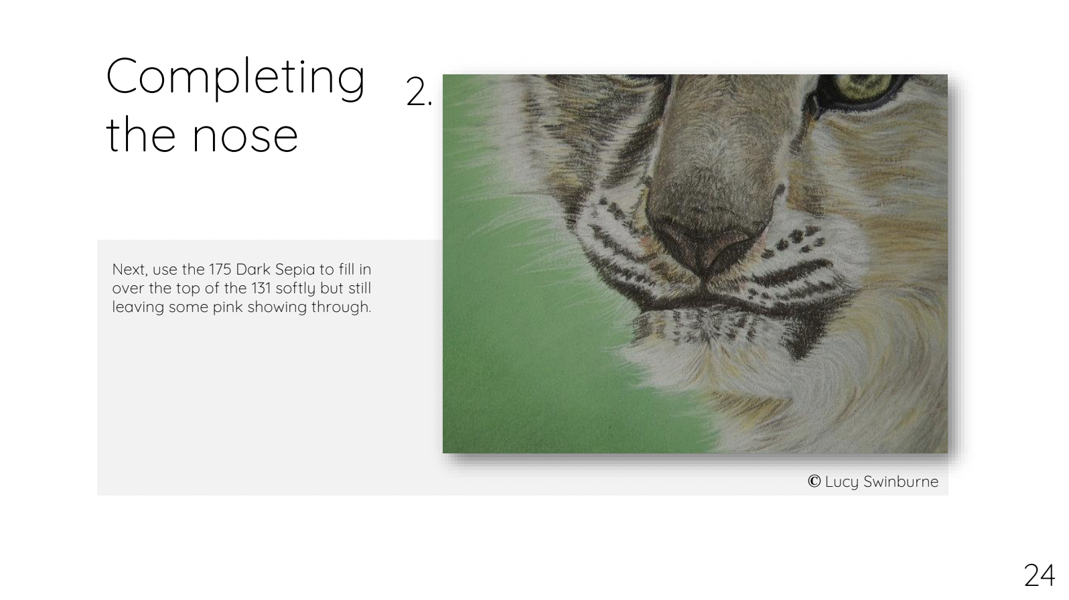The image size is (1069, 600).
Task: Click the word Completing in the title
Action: tap(235, 78)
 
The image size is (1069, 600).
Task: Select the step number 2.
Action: tap(419, 92)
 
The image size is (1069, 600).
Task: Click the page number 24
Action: tap(1039, 576)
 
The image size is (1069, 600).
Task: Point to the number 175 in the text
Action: tap(220, 269)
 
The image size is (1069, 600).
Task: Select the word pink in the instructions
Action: tap(227, 307)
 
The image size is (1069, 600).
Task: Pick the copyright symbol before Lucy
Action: tap(814, 481)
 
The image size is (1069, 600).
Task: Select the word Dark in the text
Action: tap(253, 269)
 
